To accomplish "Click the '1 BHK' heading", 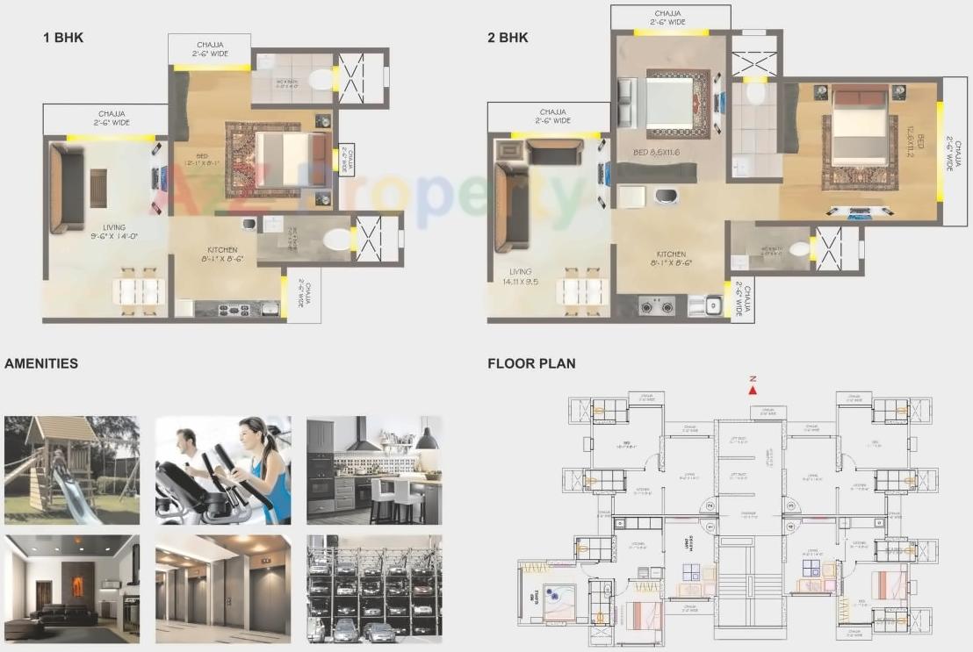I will coord(63,37).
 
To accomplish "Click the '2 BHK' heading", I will coord(508,38).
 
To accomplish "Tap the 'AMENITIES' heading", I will coord(41,363).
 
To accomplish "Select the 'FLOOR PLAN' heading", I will coord(531,363).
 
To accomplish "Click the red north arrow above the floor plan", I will coord(753,390).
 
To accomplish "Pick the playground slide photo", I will coord(71,469).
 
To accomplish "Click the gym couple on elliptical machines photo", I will coord(223,469).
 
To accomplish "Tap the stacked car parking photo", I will coord(374,588).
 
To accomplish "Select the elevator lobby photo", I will coord(223,588).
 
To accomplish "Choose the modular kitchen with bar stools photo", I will coord(374,469).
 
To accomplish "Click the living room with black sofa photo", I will coord(71,588).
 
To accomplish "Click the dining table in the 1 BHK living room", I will coord(139,291).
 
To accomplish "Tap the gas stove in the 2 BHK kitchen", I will coord(657,306).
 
